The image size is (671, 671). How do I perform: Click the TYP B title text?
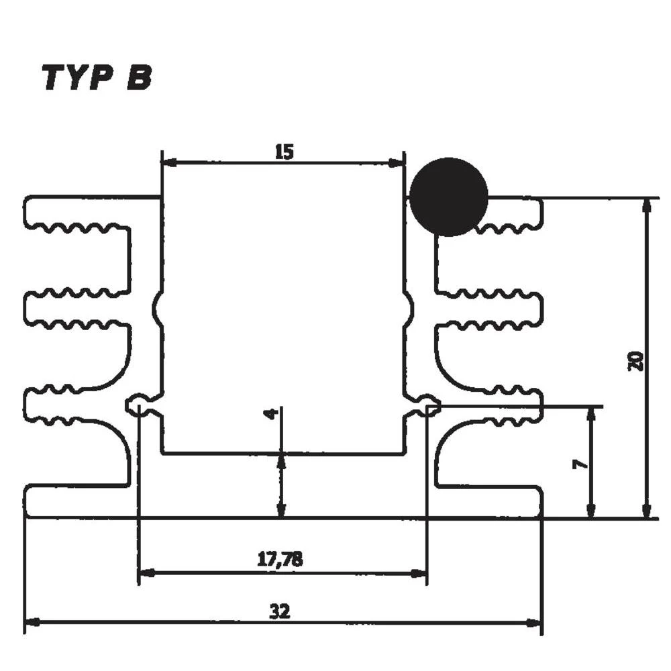97,78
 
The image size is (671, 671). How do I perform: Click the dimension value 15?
284,152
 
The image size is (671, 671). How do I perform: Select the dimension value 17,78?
280,558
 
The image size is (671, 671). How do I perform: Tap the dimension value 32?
280,611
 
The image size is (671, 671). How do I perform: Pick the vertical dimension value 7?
580,464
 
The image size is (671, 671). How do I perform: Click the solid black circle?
448,197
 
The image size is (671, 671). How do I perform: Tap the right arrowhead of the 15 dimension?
399,162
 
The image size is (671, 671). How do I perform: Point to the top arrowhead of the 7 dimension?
590,413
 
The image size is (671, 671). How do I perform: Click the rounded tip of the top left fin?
28,210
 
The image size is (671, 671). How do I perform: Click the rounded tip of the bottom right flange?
539,501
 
